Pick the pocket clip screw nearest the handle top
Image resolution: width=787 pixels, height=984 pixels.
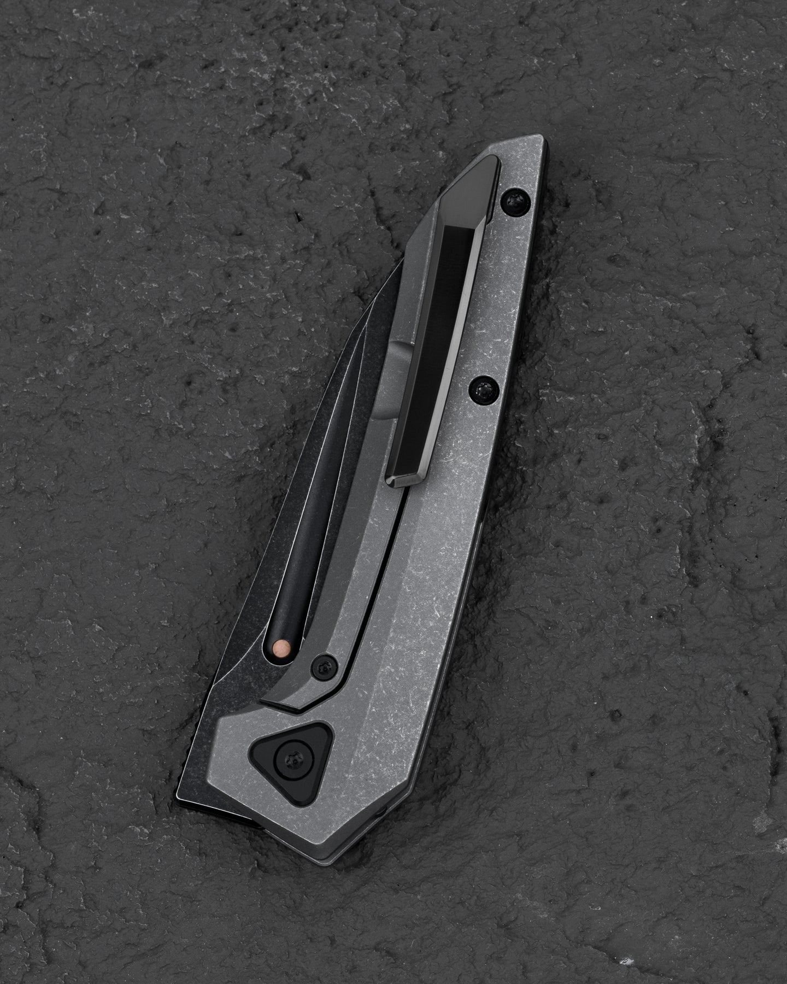(x=515, y=202)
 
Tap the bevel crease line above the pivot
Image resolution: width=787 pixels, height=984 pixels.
(x=393, y=629)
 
